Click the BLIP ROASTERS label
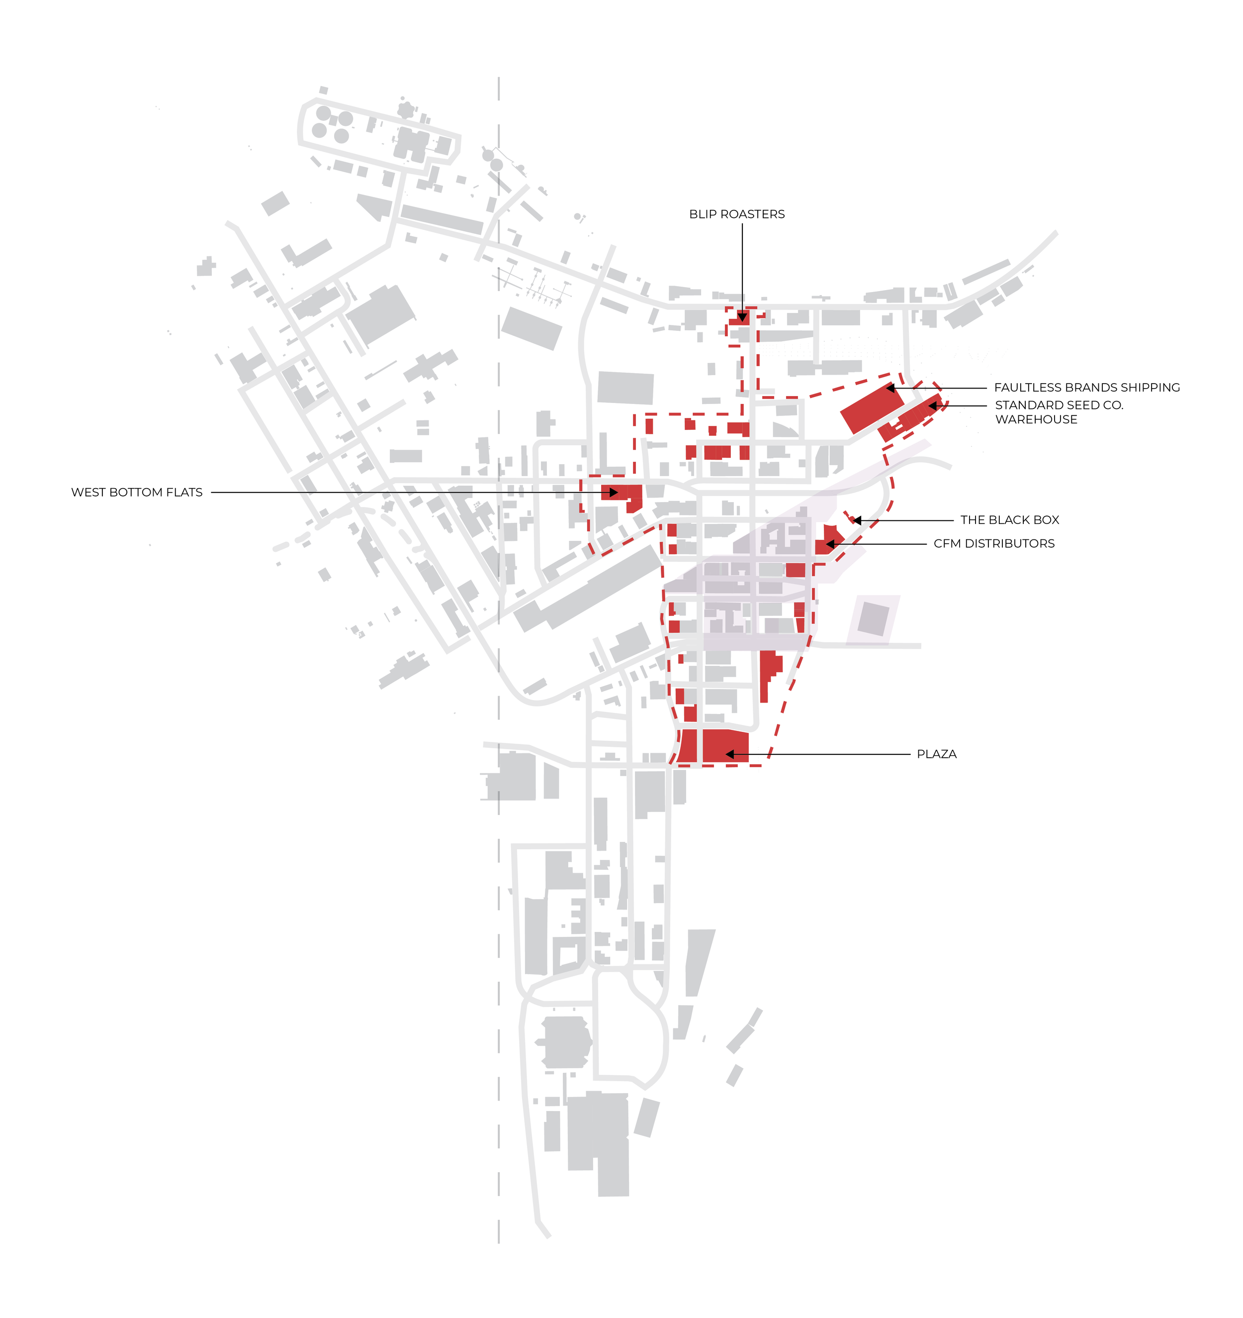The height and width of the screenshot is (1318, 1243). click(736, 214)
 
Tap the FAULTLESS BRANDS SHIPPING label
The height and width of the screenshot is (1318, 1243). click(1087, 388)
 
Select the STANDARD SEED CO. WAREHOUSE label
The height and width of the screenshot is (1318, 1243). click(1059, 411)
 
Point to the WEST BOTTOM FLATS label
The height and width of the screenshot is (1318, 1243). click(137, 493)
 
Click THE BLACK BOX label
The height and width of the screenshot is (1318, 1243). click(1009, 520)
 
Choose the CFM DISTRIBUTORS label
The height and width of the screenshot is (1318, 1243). click(993, 544)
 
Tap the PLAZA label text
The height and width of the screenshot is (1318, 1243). click(936, 754)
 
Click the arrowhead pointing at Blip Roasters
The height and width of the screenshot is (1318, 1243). click(742, 317)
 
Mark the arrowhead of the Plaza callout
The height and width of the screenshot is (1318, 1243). click(729, 754)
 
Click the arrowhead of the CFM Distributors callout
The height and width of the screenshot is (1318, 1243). click(829, 544)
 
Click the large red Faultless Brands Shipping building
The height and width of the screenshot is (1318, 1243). click(871, 407)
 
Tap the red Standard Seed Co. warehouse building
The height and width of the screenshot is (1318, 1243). click(911, 416)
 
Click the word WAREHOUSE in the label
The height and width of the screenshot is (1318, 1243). click(1036, 419)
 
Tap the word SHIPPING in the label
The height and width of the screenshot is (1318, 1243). click(1152, 388)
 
